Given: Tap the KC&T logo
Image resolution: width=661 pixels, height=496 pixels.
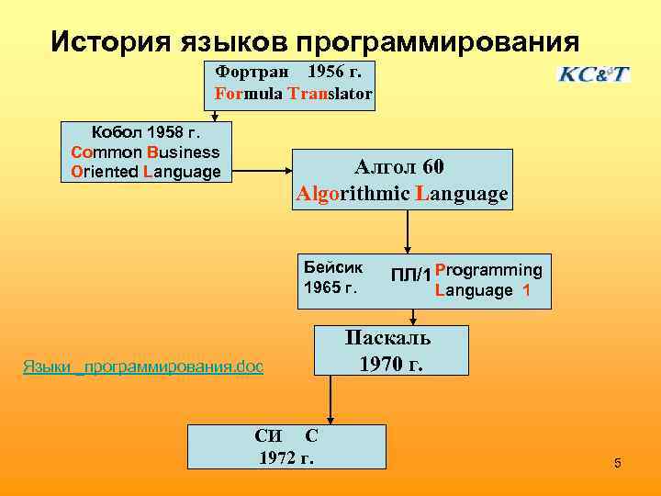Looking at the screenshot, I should point(594,74).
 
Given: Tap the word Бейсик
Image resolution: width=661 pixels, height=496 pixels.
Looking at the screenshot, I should point(332,267).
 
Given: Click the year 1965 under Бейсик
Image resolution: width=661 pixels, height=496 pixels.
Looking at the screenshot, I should point(322,287).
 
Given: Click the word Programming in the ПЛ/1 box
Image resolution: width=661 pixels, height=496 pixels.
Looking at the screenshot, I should point(488,269).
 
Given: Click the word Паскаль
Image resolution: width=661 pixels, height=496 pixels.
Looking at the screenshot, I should point(387,337).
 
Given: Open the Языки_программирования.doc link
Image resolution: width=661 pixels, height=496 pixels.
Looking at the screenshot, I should point(142,367).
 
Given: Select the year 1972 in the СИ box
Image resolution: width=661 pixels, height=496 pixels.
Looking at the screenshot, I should point(279,457).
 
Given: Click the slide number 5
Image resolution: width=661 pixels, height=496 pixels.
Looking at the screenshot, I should point(618,463).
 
